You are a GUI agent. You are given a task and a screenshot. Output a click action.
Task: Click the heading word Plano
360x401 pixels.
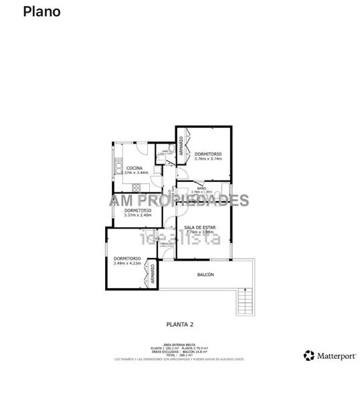(41, 11)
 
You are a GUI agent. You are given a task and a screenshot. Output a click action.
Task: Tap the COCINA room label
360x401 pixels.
(134, 168)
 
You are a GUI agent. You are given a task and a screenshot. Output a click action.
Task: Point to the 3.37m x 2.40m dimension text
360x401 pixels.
(138, 215)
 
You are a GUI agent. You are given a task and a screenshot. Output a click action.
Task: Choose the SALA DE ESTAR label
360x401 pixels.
(200, 227)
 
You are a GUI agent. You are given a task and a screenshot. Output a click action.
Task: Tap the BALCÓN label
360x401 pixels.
(205, 275)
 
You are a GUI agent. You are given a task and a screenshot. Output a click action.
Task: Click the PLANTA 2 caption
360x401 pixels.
(179, 324)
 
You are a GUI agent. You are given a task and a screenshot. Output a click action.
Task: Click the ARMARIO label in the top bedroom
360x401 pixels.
(181, 147)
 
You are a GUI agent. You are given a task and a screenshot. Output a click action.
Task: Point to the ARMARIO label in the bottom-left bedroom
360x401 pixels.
(153, 275)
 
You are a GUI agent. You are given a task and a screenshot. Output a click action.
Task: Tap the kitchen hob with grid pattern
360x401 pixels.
(139, 186)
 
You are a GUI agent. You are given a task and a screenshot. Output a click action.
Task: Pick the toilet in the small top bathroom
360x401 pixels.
(172, 148)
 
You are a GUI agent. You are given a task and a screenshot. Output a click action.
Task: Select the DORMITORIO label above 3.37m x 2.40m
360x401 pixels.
(138, 211)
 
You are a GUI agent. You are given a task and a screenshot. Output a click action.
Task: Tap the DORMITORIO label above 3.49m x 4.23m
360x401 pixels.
(126, 259)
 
